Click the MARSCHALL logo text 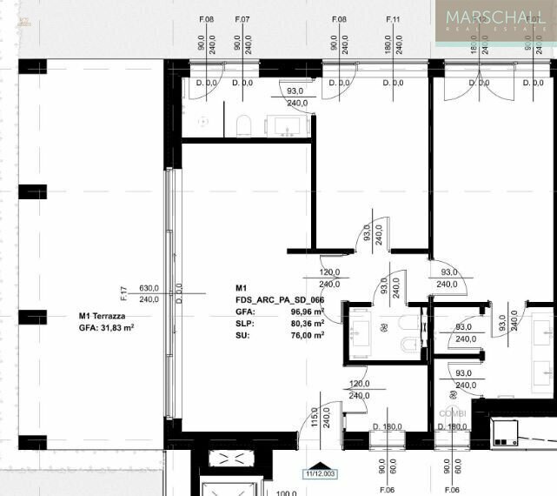click(x=494, y=17)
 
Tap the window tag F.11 click(x=392, y=18)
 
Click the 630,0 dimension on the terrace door click(x=149, y=288)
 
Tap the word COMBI click(x=453, y=412)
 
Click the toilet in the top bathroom click(x=244, y=126)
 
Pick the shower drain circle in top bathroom click(x=204, y=122)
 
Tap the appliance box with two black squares click(x=503, y=433)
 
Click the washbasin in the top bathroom click(x=287, y=127)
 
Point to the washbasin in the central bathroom click(x=361, y=332)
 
